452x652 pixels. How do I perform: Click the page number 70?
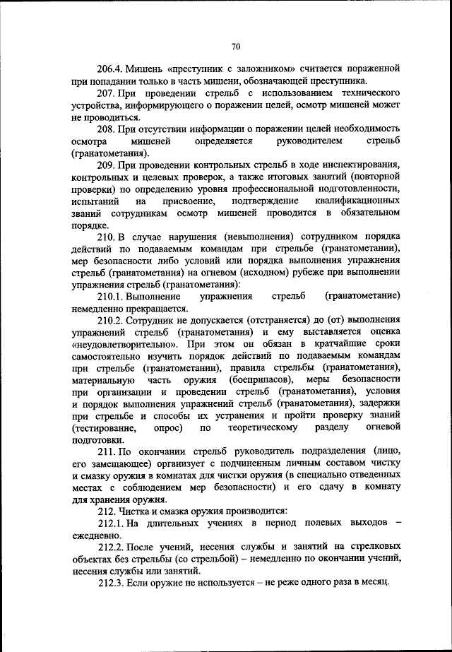236,46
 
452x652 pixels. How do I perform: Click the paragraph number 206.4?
112,69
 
